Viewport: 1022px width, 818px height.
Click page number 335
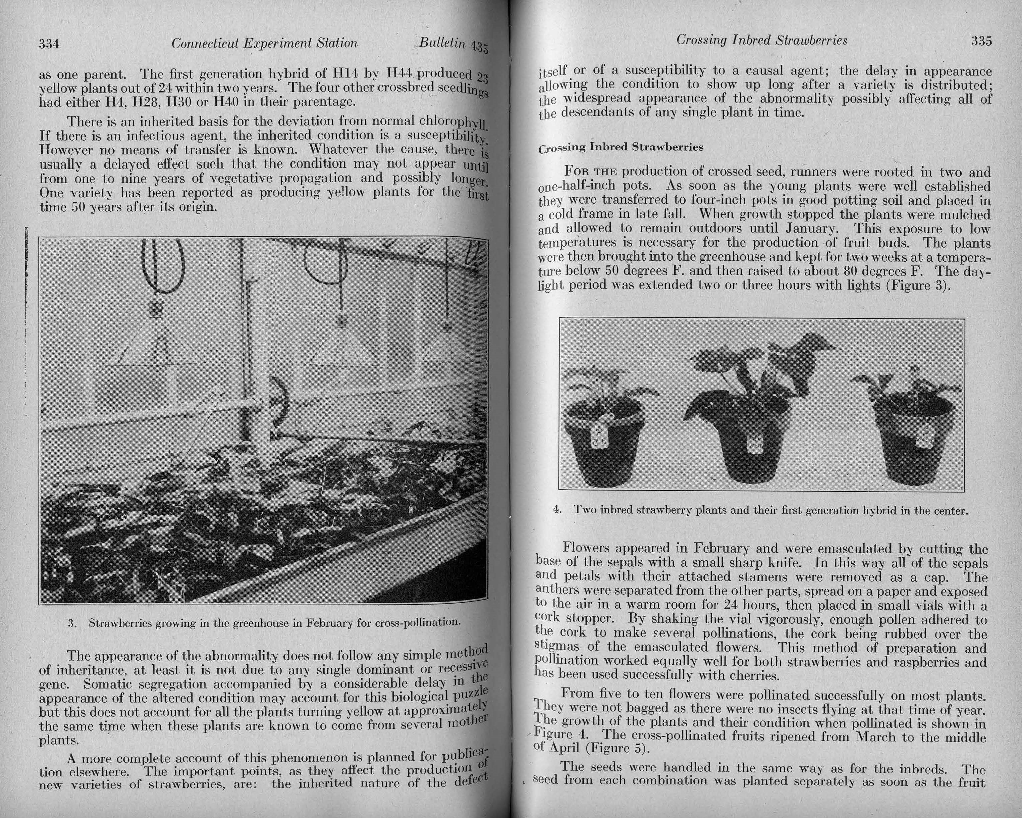click(981, 41)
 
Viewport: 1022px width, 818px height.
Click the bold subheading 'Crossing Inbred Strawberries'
click(621, 147)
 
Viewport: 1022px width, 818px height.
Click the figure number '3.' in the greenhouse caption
click(73, 623)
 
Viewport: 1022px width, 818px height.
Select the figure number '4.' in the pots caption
click(557, 510)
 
